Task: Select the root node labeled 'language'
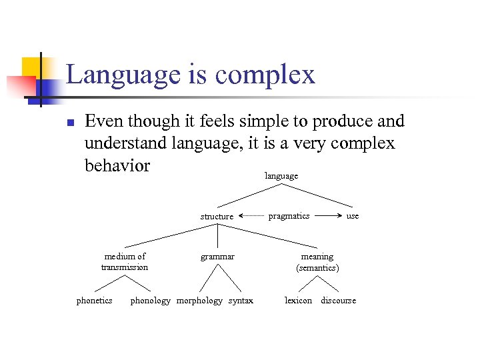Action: pos(281,176)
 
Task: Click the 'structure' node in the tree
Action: pos(217,216)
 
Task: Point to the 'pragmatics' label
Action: pos(289,216)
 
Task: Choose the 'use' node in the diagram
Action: pos(353,216)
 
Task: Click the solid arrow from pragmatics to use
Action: pos(328,216)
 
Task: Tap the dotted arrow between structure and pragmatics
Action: pos(251,216)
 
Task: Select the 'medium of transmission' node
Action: pos(125,261)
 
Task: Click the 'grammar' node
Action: pos(217,256)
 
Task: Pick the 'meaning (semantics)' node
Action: pos(317,261)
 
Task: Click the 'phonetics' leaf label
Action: pos(94,301)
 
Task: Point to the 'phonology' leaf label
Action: pos(150,301)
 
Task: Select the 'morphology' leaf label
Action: pos(199,301)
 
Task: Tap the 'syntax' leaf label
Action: pos(241,301)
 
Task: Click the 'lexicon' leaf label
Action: pos(298,301)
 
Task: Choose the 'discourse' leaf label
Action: pos(338,301)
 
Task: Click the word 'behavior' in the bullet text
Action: pos(117,165)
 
